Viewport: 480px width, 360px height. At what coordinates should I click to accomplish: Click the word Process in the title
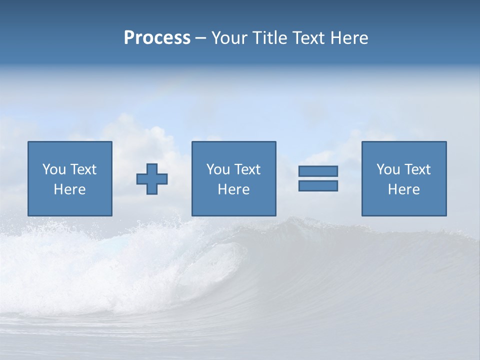pyautogui.click(x=157, y=38)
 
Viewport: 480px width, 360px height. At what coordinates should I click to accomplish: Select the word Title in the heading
pyautogui.click(x=270, y=38)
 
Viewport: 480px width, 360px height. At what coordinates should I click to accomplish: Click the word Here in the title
pyautogui.click(x=349, y=38)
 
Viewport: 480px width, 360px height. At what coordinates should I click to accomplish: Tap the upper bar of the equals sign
pyautogui.click(x=318, y=171)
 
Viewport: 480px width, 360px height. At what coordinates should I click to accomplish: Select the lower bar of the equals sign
pyautogui.click(x=318, y=185)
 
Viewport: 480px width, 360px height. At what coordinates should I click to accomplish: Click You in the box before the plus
pyautogui.click(x=54, y=169)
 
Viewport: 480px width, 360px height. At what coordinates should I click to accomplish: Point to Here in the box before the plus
pyautogui.click(x=69, y=189)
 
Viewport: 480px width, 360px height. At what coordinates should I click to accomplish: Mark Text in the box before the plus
pyautogui.click(x=83, y=169)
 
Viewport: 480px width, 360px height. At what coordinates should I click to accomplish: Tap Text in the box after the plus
pyautogui.click(x=247, y=169)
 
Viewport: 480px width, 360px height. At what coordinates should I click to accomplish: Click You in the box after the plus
pyautogui.click(x=218, y=169)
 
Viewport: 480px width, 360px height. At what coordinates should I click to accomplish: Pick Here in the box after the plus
pyautogui.click(x=233, y=189)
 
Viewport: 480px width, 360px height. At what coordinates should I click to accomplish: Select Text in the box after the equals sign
pyautogui.click(x=417, y=169)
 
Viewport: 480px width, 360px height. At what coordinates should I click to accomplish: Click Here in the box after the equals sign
pyautogui.click(x=403, y=189)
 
